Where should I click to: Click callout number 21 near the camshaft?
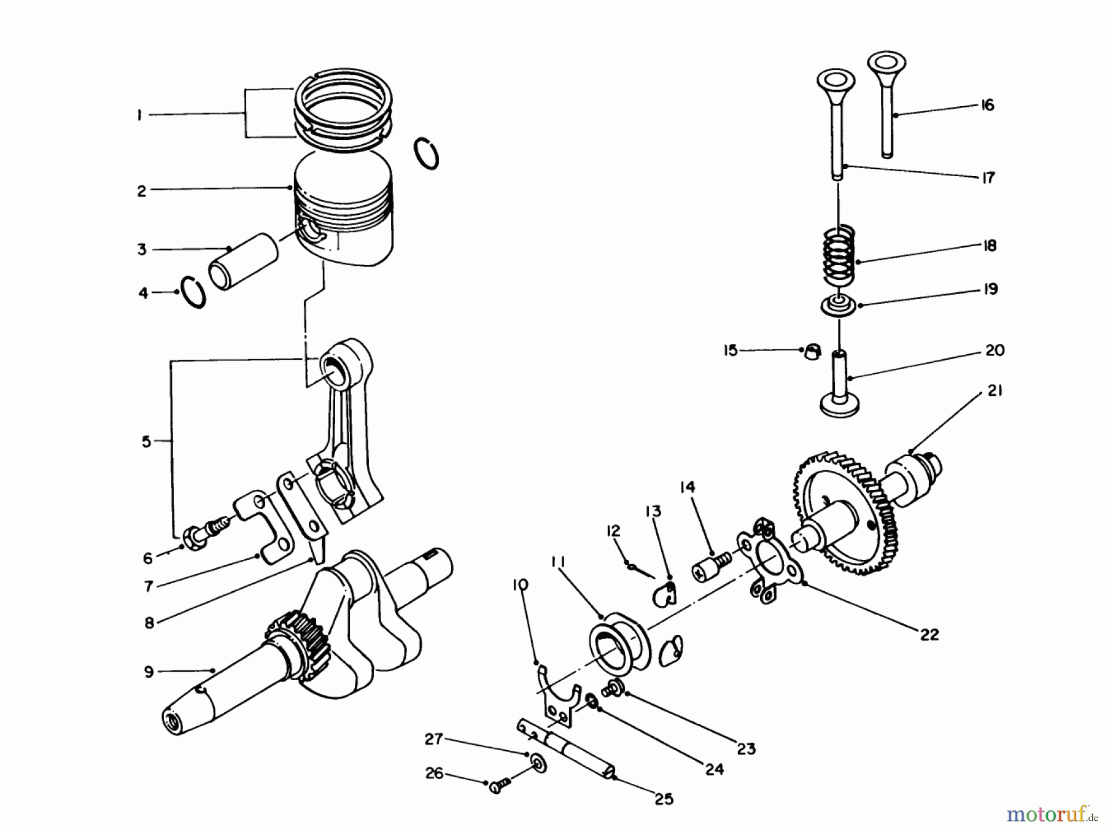click(x=995, y=390)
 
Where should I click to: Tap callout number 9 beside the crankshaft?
click(x=149, y=672)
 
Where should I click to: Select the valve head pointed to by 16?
click(x=886, y=63)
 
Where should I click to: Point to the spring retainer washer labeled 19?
click(x=839, y=305)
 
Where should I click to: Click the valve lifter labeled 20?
click(x=839, y=384)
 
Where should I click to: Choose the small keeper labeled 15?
click(x=812, y=351)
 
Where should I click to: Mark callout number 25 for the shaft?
click(x=664, y=799)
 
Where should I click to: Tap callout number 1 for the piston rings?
click(x=140, y=115)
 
